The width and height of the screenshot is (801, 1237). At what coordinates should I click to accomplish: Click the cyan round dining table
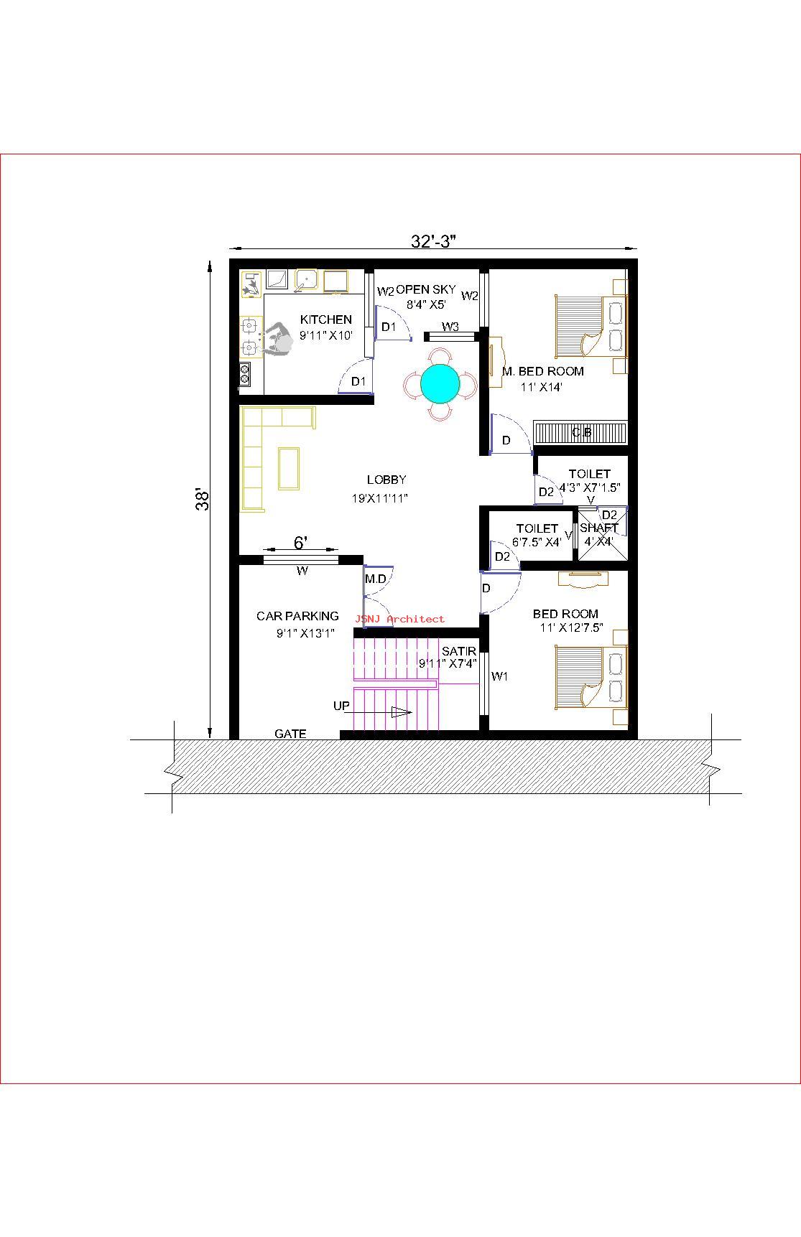click(440, 383)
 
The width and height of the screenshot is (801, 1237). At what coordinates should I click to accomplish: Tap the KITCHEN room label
click(326, 319)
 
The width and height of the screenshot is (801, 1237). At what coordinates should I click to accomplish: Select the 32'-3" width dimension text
click(434, 241)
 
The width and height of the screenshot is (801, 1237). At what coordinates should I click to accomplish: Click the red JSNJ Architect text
click(399, 619)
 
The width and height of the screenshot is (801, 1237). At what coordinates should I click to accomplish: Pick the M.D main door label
click(375, 579)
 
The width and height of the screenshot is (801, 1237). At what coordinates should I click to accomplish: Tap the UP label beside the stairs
click(341, 706)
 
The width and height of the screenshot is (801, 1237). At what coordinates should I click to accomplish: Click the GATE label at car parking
click(290, 734)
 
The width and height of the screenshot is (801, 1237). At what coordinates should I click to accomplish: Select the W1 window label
click(500, 676)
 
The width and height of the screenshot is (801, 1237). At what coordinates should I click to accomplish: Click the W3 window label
click(450, 327)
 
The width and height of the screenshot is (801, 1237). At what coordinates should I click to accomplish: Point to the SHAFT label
click(599, 528)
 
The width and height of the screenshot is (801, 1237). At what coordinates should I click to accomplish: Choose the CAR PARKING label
click(297, 616)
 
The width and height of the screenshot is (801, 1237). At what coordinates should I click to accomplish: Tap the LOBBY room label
click(386, 480)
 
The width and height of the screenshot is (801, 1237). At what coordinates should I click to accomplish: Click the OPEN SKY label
click(426, 289)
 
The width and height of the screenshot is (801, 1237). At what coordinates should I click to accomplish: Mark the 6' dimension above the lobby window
click(301, 543)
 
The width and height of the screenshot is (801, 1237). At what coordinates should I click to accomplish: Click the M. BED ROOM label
click(543, 371)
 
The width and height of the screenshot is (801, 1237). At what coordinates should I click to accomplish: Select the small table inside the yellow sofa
click(289, 468)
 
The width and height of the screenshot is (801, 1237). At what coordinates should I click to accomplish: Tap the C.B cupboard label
click(582, 432)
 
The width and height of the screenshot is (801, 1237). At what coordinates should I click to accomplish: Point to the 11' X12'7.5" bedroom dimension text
click(572, 627)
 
